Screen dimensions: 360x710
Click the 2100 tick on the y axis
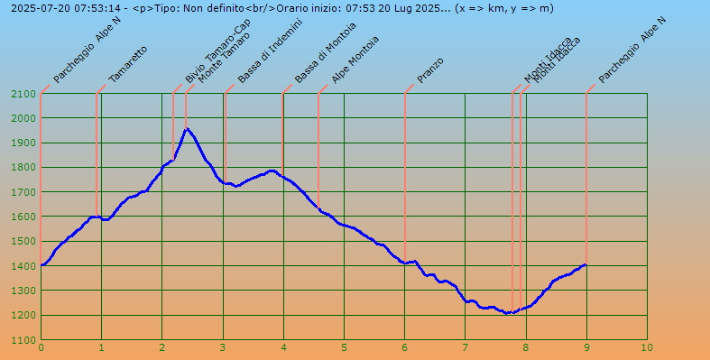pos(23,94)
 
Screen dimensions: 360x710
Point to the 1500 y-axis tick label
pos(23,241)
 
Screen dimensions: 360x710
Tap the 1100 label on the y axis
pos(23,340)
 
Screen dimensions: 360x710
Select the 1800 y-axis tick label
pos(23,168)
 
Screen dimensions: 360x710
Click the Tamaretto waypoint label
pos(127,65)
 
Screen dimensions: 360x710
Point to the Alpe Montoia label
pos(355,60)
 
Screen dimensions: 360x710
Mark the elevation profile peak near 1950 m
pos(187,129)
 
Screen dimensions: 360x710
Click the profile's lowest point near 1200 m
pos(508,313)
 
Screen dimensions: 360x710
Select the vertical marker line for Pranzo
pos(405,180)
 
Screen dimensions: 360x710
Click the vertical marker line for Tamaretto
pos(97,153)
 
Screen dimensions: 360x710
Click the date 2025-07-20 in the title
pos(37,8)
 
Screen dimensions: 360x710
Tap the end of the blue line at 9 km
pos(586,264)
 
